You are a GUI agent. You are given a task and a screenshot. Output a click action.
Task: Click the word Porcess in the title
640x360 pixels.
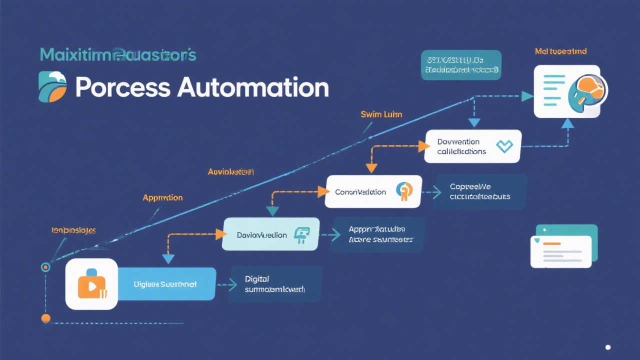[x=122, y=88]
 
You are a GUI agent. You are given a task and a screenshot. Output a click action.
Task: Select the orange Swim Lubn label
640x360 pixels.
[x=381, y=114]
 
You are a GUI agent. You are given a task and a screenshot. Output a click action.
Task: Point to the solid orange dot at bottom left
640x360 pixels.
[x=45, y=318]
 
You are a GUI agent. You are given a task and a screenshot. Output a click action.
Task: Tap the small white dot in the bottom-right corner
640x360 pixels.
[x=608, y=347]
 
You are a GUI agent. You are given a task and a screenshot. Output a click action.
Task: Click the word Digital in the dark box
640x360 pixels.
[x=257, y=279]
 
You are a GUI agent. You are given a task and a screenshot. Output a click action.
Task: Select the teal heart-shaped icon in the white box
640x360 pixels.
[x=504, y=146]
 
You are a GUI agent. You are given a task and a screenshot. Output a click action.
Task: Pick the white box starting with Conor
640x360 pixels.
[x=372, y=191]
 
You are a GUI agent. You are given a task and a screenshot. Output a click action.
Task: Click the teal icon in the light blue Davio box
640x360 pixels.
[x=302, y=234]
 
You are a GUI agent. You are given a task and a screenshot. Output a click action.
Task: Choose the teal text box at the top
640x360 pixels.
[x=460, y=65]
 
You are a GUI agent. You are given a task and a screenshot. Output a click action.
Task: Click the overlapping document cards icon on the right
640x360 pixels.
[x=564, y=248]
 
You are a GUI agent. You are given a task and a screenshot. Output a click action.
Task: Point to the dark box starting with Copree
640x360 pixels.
[x=480, y=191]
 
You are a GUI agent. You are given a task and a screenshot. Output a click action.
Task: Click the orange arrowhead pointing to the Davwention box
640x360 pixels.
[x=424, y=146]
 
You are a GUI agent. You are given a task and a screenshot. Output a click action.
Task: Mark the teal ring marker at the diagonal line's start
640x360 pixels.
[x=45, y=267]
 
